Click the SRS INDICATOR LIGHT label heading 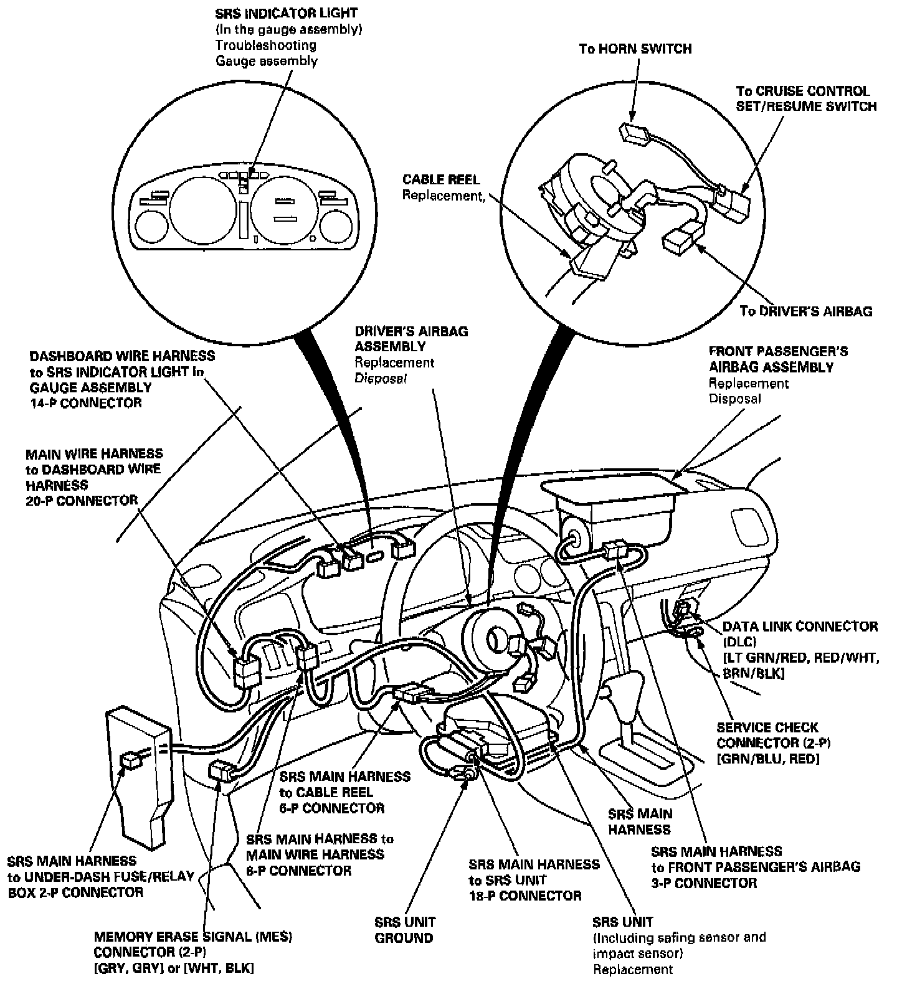point(287,12)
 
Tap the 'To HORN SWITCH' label point(635,49)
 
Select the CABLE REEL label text point(441,180)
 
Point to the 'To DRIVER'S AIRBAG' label point(805,311)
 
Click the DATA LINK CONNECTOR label point(800,627)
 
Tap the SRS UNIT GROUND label point(404,930)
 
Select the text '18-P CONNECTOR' point(525,896)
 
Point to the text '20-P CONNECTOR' point(82,501)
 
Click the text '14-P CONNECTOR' point(86,403)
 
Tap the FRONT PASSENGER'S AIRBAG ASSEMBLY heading point(771,359)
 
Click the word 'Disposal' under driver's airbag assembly point(381,379)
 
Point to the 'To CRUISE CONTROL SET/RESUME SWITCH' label point(806,98)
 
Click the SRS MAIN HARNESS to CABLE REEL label point(344,792)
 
